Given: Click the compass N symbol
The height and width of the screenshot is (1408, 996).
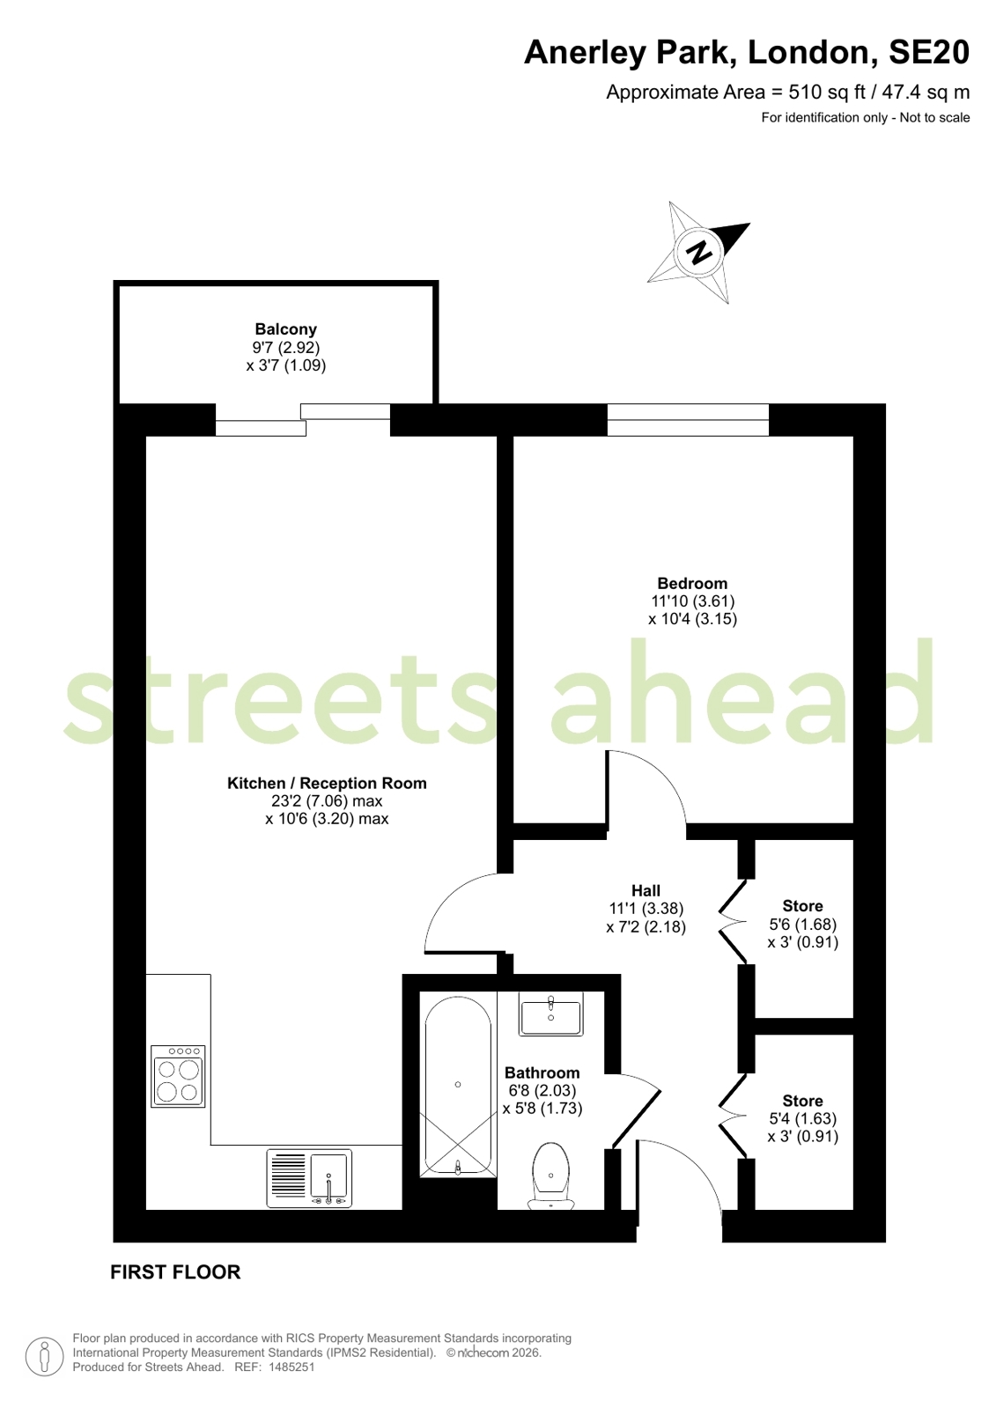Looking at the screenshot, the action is click(700, 253).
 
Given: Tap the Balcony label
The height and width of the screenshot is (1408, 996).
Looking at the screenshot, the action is click(285, 328).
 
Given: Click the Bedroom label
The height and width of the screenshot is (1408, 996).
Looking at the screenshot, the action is click(692, 583).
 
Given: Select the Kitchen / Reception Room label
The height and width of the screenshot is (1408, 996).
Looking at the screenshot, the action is click(327, 783).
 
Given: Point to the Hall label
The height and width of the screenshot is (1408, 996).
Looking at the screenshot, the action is click(646, 890).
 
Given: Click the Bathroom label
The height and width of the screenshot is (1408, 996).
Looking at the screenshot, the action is click(542, 1073).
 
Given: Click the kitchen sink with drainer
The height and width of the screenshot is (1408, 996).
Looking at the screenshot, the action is click(309, 1178).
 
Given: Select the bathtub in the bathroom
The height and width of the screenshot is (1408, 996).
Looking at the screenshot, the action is click(458, 1086).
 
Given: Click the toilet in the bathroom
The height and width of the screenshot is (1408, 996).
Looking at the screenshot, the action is click(550, 1176).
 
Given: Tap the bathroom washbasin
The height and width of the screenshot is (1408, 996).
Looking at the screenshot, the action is click(550, 1013).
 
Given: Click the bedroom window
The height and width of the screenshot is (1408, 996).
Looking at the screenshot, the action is click(688, 420).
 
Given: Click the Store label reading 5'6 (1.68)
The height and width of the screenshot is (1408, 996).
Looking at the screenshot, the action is click(803, 924).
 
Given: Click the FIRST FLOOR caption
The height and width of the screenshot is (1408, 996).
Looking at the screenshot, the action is click(175, 1272).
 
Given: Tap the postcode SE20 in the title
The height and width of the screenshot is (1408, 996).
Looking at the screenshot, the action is click(929, 52).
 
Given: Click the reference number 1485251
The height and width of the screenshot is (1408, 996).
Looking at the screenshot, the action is click(291, 1367).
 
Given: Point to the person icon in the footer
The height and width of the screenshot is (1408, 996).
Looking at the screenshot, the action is click(44, 1356).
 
